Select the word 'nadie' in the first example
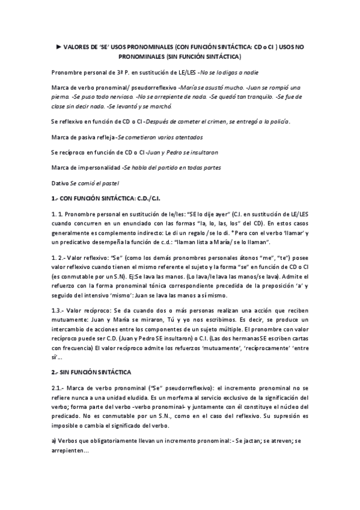coord(249,72)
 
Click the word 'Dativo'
coord(60,182)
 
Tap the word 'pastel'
coord(111,182)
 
